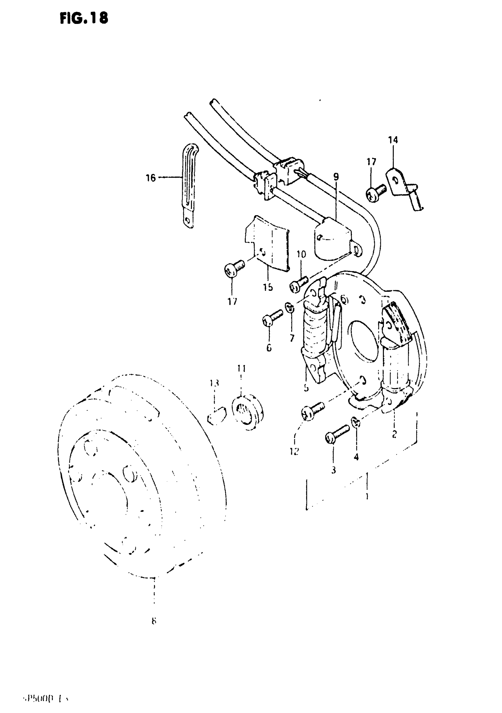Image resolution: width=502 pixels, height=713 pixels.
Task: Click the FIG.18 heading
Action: point(84,18)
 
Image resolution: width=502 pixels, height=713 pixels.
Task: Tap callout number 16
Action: point(151,178)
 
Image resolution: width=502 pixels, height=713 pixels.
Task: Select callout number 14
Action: point(393,140)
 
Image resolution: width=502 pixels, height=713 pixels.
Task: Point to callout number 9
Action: point(336,177)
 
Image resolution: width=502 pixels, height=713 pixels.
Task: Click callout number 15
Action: point(268,287)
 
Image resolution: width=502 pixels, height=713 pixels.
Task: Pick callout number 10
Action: point(301,254)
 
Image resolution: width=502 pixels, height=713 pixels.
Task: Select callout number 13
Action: point(214,383)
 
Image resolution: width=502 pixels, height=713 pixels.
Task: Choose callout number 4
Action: point(356,456)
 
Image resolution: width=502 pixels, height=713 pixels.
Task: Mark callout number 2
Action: point(394,434)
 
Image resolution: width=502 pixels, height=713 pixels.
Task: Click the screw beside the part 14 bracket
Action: point(375,192)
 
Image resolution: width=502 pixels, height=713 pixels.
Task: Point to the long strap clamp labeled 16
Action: point(189,186)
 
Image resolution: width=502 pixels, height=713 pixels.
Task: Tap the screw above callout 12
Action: point(312,411)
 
